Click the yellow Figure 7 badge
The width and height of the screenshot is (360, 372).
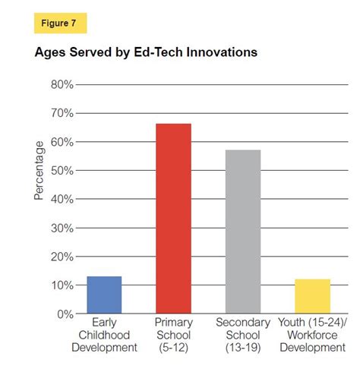pos(61,24)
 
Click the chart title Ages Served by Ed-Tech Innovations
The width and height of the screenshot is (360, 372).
pos(146,53)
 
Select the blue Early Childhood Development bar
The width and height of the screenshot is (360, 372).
pos(104,295)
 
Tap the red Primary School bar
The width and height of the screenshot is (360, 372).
pos(173,219)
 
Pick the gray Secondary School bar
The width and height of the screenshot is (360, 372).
pos(243,232)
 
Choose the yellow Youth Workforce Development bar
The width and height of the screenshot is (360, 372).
pos(312,296)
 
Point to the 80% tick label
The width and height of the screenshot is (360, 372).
pos(62,85)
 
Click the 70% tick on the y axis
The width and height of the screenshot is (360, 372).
pos(62,114)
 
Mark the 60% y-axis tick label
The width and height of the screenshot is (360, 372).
pos(62,142)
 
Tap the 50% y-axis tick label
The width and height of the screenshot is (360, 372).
pos(62,171)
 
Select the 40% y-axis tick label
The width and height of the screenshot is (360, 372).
pos(62,199)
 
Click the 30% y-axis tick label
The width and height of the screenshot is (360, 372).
pos(62,228)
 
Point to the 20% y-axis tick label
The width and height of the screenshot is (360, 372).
pos(62,257)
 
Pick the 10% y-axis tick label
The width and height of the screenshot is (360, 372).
pos(62,285)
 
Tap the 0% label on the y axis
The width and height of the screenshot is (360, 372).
pos(65,314)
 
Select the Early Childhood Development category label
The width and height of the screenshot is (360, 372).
pos(104,335)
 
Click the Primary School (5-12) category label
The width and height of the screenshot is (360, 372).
pos(173,335)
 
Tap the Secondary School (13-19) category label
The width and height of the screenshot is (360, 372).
pos(243,335)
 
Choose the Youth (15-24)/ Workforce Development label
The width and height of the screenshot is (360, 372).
pos(312,335)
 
